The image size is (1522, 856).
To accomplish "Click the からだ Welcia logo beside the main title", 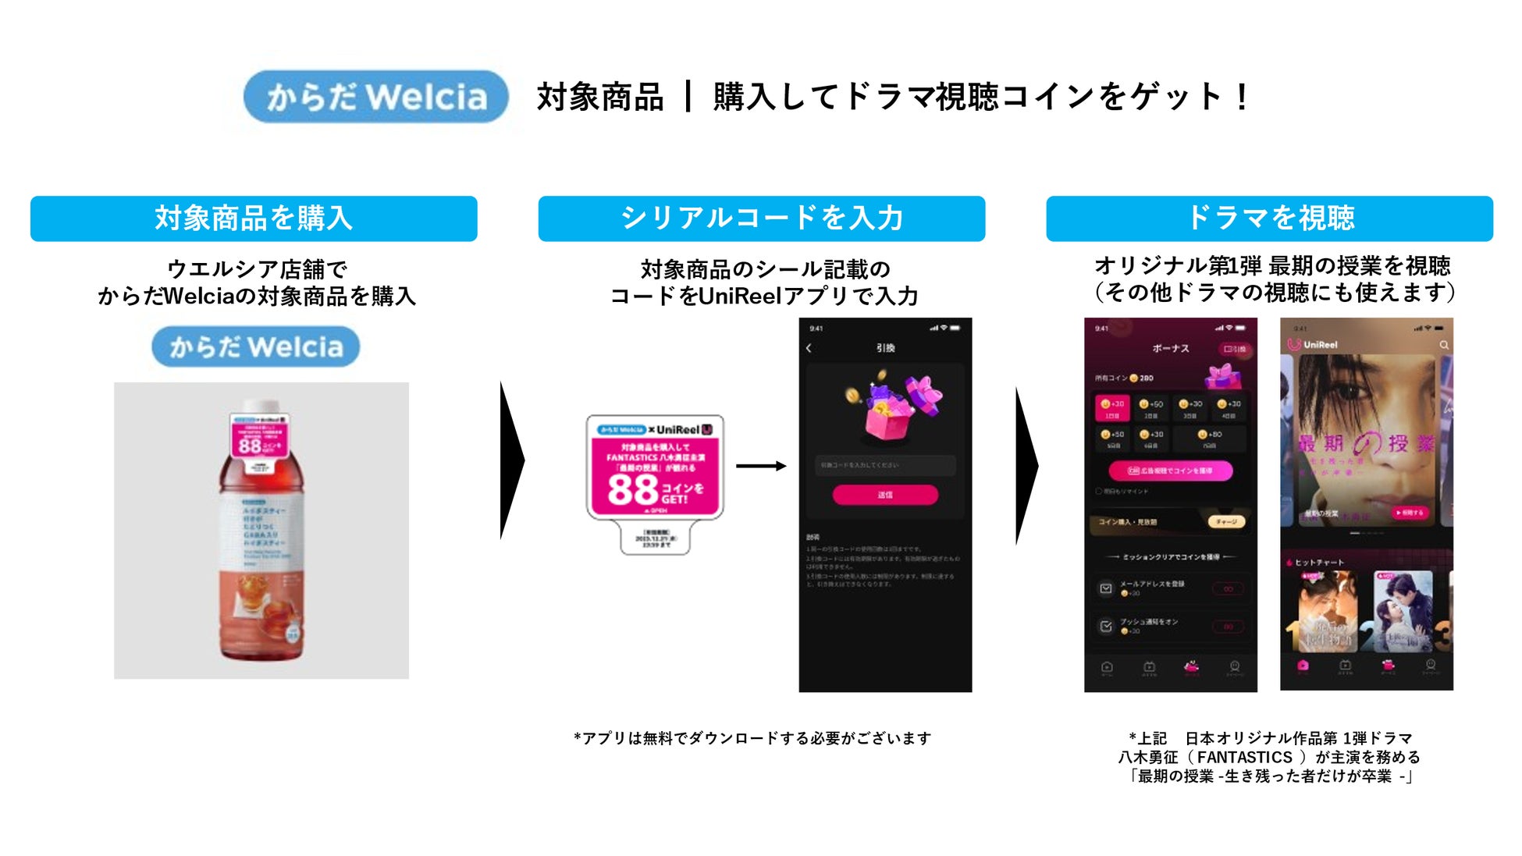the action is (375, 97).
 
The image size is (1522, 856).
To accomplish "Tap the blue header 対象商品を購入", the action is (254, 218).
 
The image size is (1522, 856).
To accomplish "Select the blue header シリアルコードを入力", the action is (761, 218).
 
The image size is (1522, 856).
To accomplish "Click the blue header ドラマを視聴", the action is (1269, 218).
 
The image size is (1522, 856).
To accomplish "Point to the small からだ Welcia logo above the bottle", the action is (256, 346).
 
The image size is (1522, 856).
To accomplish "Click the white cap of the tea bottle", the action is (261, 407).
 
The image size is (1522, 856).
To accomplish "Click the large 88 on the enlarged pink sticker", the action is (632, 490).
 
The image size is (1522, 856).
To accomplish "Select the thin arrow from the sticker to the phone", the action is (760, 466).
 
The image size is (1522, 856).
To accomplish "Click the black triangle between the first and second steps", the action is (510, 460).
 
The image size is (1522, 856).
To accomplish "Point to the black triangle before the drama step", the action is (1026, 466).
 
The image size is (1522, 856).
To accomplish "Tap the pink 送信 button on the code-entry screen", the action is (885, 495).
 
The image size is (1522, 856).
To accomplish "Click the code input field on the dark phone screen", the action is (885, 465).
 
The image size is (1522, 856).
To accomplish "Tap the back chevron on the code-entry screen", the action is (809, 348).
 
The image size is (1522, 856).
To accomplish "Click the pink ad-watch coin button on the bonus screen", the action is (1171, 471).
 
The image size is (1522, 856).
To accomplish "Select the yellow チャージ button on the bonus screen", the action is (1226, 521).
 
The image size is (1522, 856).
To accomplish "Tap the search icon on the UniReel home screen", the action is (1444, 344).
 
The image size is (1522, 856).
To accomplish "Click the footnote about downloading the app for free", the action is (752, 738).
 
